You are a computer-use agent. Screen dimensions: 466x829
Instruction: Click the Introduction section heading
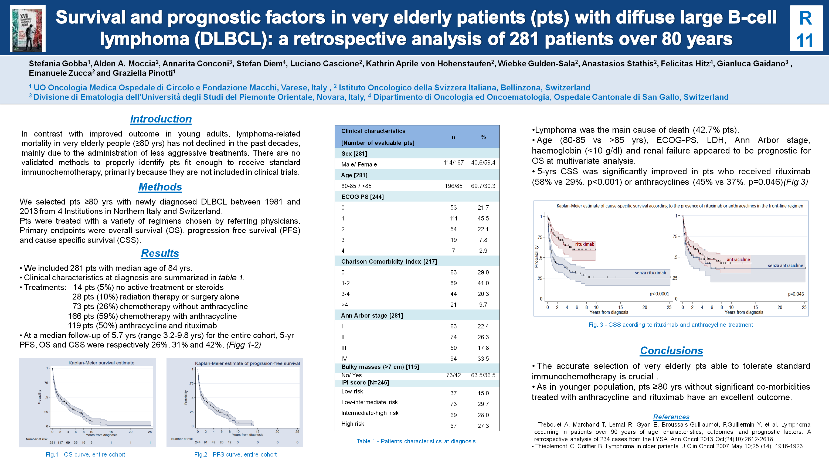[161, 119]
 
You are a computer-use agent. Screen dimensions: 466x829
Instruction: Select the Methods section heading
[160, 187]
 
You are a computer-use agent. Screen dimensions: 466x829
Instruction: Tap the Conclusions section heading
[671, 351]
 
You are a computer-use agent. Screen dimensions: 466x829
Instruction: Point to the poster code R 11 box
[806, 29]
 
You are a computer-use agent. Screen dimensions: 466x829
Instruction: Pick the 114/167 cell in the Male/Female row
[453, 162]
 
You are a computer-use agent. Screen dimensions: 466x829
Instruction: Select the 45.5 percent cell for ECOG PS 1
[483, 218]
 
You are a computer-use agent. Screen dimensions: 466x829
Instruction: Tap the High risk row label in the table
[353, 424]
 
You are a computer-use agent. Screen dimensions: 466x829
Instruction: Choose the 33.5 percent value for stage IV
[483, 359]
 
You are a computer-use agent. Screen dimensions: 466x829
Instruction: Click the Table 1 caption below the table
[416, 441]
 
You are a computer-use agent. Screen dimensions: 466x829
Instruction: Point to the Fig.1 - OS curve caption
[85, 454]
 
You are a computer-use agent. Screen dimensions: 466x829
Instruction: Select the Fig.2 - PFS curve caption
[235, 454]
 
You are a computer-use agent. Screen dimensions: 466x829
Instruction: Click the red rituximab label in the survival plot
[585, 244]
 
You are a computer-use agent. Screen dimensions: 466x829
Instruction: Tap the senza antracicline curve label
[785, 266]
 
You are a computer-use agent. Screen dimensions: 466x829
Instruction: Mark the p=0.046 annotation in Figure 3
[796, 294]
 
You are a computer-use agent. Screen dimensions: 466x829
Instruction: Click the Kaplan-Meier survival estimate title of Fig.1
[101, 363]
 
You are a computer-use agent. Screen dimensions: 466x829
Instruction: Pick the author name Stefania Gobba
[58, 64]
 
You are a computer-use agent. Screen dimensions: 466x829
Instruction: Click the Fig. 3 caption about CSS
[671, 325]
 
